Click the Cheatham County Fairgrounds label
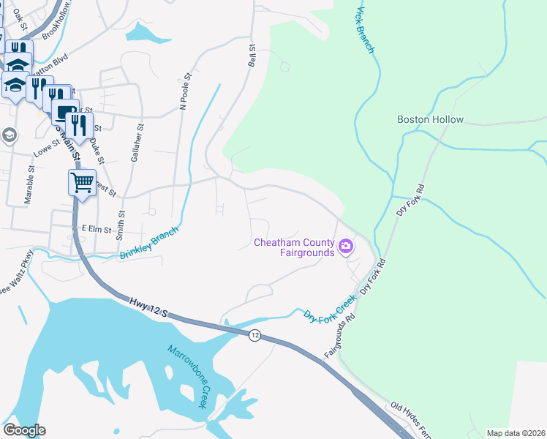click(x=293, y=247)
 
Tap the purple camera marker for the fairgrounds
click(x=347, y=247)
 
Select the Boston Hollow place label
click(x=430, y=119)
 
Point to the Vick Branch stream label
click(x=365, y=31)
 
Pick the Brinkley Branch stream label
click(x=148, y=243)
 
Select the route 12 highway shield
click(x=254, y=335)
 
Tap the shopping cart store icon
click(x=83, y=181)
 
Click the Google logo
click(x=24, y=430)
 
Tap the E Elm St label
click(x=96, y=229)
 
